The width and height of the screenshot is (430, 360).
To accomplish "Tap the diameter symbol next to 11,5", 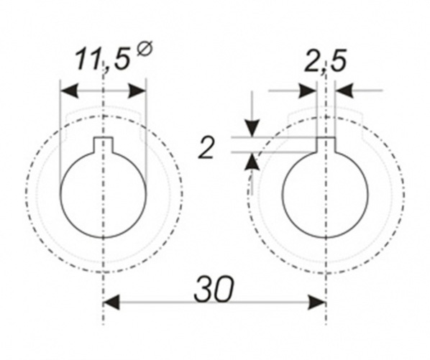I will (144, 50).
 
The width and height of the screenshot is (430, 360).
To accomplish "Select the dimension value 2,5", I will (325, 63).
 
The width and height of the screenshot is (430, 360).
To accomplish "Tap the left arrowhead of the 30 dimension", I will (112, 303).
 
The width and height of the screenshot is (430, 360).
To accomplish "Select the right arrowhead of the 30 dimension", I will (318, 303).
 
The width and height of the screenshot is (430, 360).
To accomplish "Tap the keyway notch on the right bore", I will (326, 144).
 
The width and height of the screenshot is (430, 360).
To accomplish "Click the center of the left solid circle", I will (104, 192).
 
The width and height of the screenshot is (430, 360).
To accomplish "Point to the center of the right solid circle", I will (326, 192).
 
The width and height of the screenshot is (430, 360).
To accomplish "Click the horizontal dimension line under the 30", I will (165, 303).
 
